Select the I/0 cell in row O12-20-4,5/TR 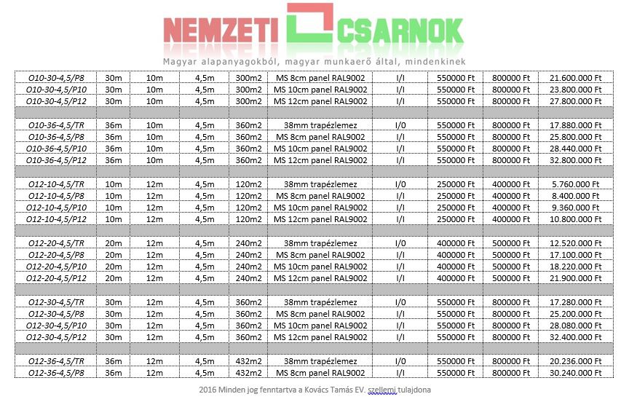401,243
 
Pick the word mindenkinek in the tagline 435,61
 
